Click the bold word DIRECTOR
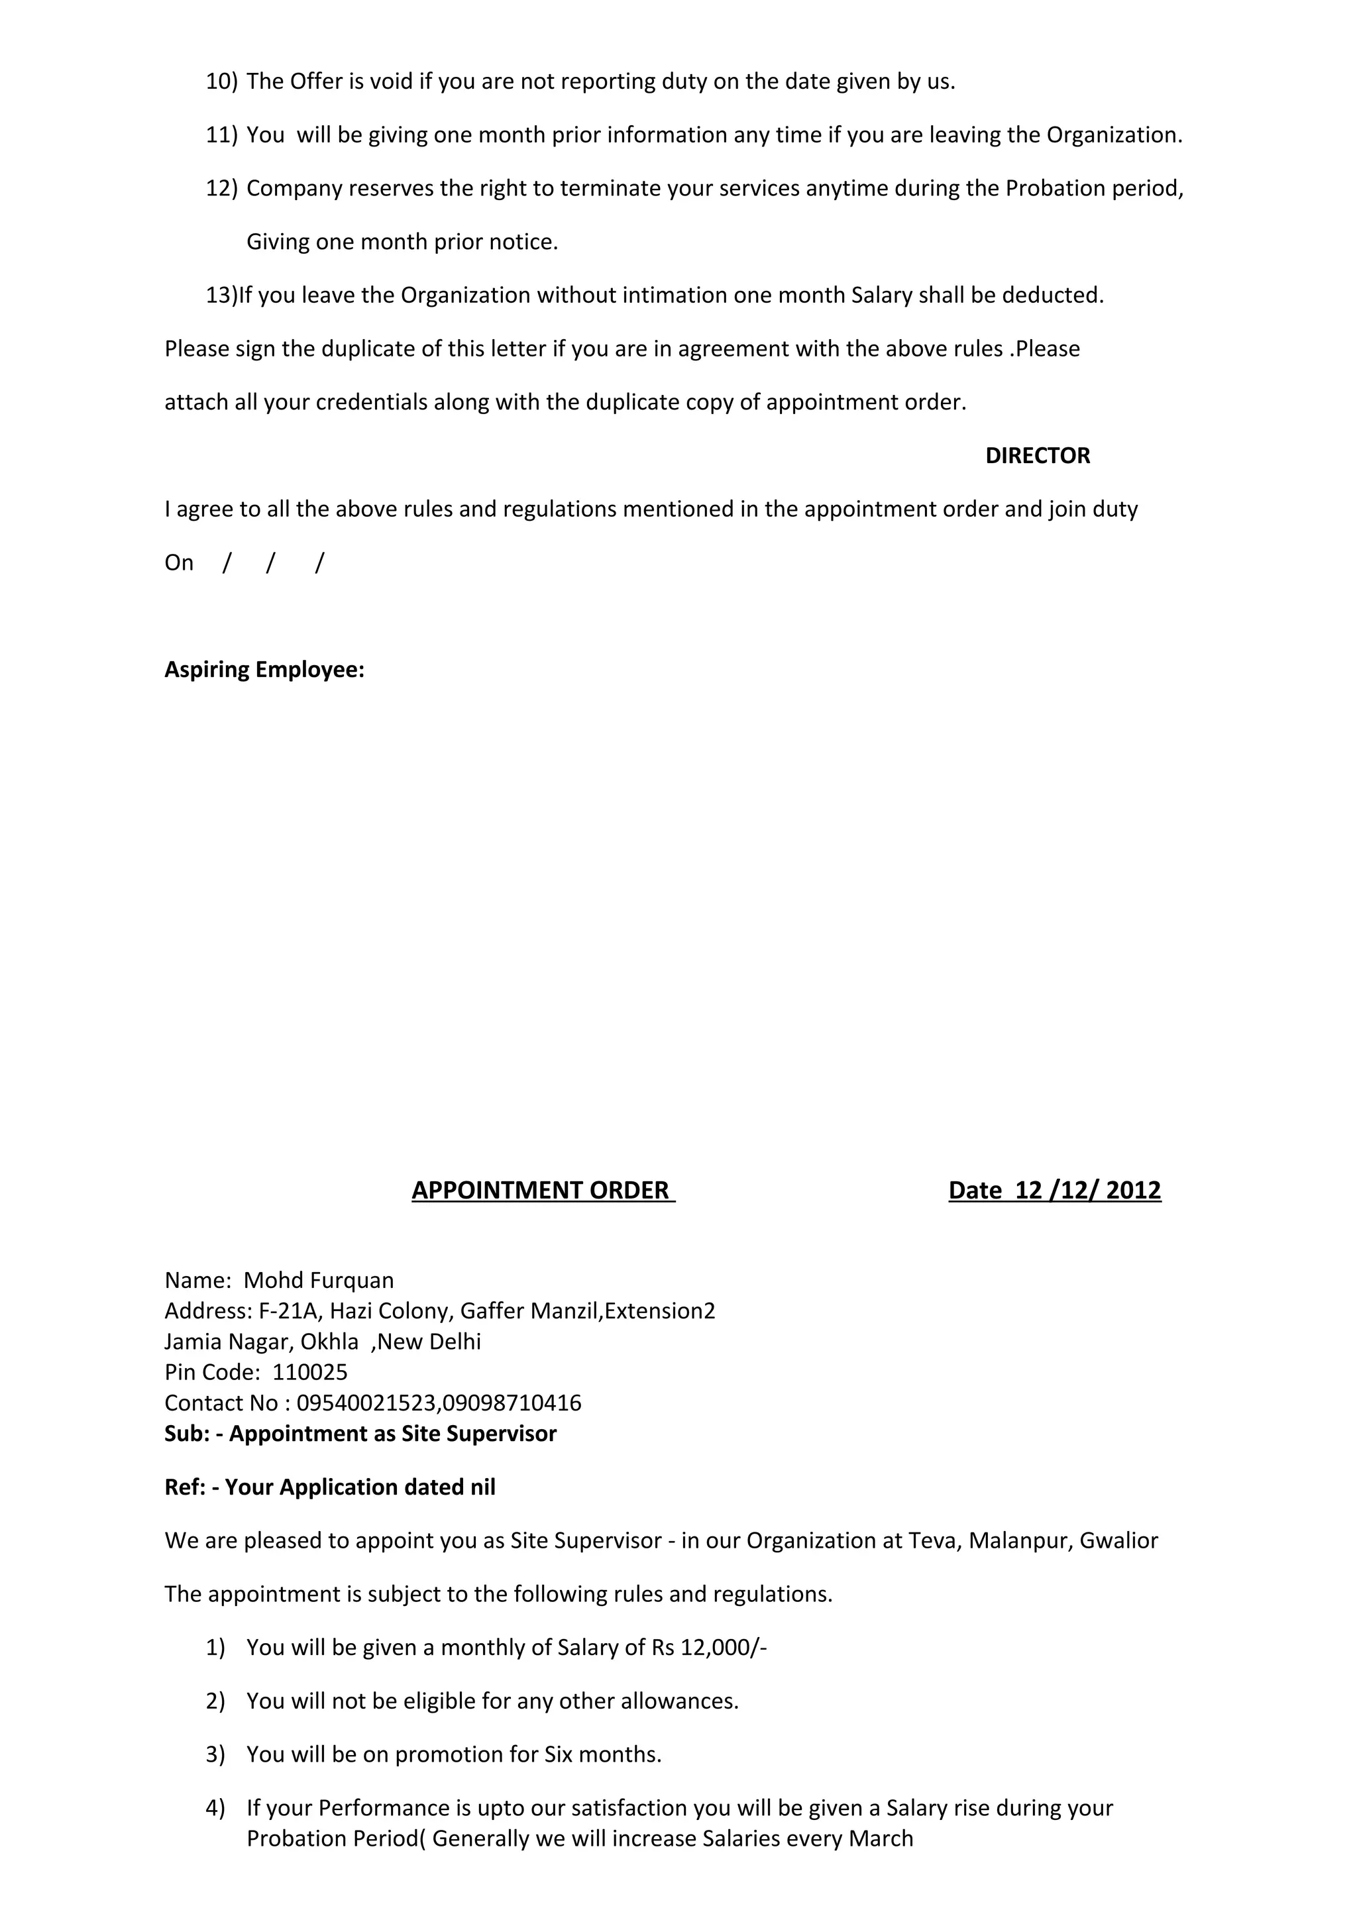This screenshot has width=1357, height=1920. pos(1037,456)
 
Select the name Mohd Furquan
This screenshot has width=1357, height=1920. pos(319,1280)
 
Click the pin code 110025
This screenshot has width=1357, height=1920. pos(309,1371)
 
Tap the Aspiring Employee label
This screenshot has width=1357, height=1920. pos(264,670)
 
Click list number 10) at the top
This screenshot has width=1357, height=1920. pos(221,82)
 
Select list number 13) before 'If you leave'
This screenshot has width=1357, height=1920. pos(221,295)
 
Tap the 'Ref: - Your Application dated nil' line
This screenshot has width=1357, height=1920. pos(329,1487)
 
